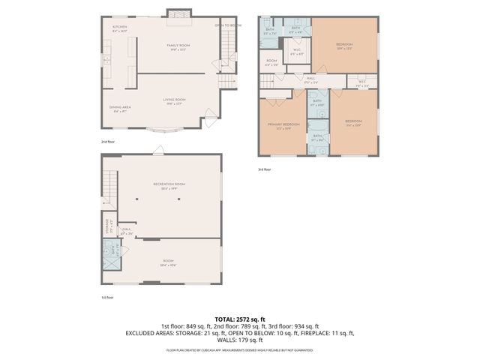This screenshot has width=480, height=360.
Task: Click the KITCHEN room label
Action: [120, 30]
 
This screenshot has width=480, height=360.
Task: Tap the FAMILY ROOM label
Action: [178, 46]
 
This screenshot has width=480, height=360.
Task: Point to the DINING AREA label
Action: [120, 109]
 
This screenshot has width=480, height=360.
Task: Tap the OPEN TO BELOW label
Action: [227, 25]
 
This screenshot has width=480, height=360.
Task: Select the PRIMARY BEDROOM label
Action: [283, 125]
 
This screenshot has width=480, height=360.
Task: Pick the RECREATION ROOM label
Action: [169, 186]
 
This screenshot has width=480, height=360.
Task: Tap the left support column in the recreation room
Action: [137, 199]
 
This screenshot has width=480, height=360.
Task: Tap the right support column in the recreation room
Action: [200, 199]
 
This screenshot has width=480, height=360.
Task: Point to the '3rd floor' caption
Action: [265, 169]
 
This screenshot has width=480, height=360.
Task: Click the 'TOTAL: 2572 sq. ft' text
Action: [240, 319]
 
